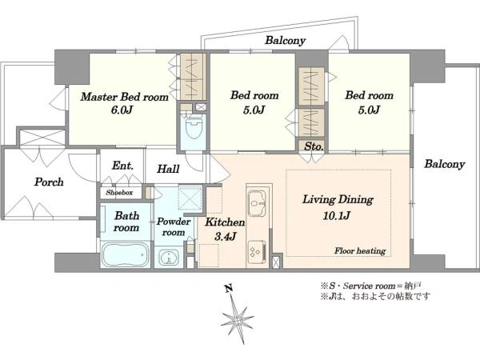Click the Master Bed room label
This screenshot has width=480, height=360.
(125, 97)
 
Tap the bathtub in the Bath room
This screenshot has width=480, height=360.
(125, 254)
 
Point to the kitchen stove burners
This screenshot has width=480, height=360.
(257, 251)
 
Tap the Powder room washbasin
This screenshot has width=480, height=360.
(169, 258)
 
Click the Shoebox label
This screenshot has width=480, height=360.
(119, 193)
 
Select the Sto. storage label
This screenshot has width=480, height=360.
(314, 146)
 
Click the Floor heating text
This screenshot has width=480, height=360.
(360, 251)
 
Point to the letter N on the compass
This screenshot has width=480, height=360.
(228, 288)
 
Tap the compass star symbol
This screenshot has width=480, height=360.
(237, 319)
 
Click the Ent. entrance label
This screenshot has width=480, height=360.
(122, 166)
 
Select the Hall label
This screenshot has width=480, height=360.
(168, 169)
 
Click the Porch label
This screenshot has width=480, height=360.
(49, 182)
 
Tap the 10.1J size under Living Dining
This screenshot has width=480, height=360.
(337, 215)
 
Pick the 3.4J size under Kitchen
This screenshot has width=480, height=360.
(225, 236)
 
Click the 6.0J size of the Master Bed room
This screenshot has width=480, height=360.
(122, 110)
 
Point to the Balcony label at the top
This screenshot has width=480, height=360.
(286, 41)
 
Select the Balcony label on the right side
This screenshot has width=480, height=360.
(445, 164)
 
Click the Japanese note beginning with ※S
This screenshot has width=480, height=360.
(371, 286)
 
